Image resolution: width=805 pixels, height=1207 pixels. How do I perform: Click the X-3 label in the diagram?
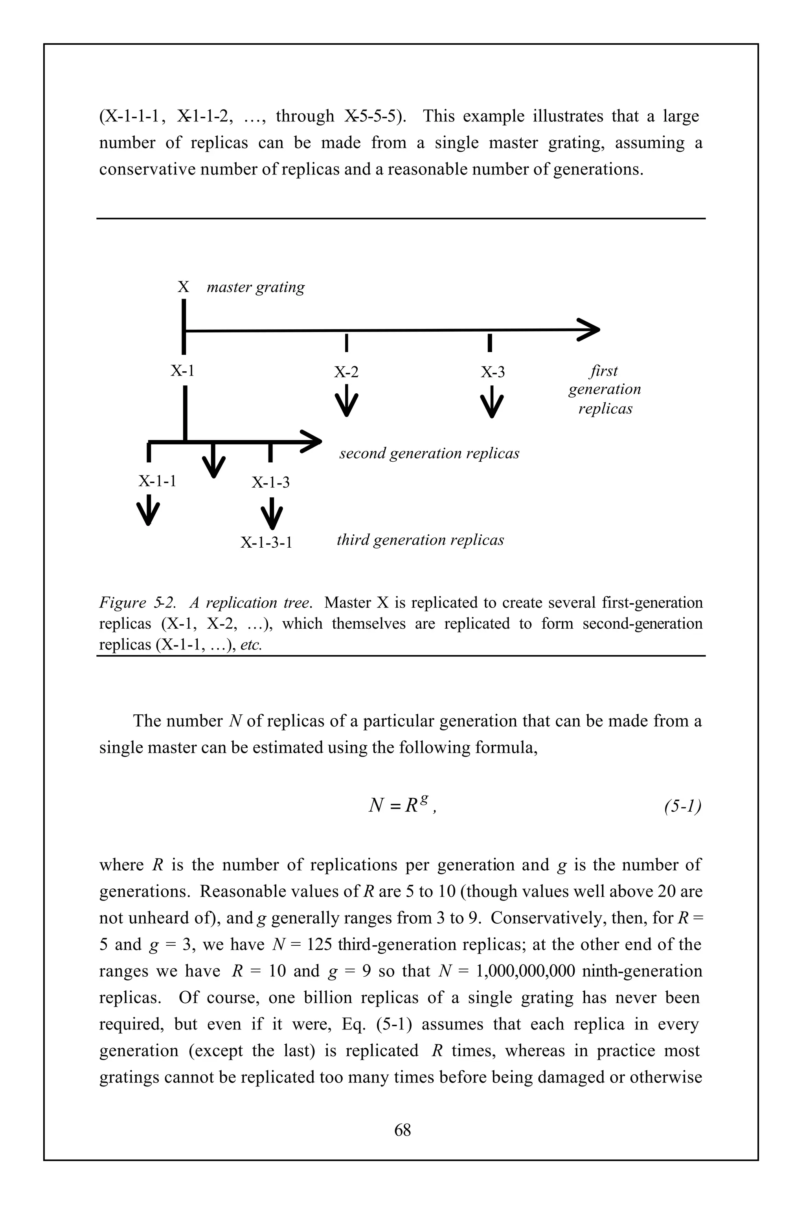point(493,372)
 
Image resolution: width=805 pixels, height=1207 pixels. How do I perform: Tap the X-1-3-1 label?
point(266,543)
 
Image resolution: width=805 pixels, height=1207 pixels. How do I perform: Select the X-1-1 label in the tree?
point(157,481)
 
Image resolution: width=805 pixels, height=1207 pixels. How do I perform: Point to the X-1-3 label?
point(270,482)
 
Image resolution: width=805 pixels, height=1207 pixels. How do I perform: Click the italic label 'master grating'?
point(255,287)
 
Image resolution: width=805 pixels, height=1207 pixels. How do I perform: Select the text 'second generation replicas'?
point(429,454)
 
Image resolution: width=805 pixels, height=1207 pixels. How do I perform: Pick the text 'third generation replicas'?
point(420,540)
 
